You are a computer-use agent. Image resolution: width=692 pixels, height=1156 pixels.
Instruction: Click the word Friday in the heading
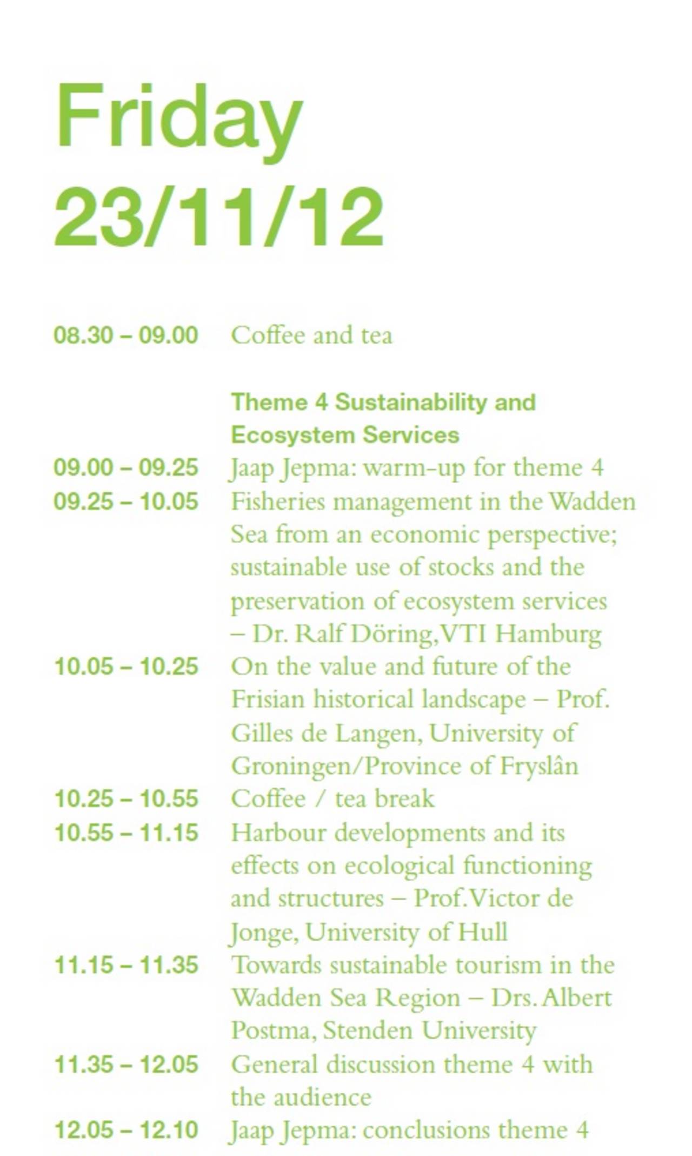(178, 121)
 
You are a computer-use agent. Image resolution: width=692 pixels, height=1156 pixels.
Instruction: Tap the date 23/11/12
(219, 216)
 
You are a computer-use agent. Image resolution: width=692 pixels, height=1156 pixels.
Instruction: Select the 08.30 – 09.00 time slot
(126, 335)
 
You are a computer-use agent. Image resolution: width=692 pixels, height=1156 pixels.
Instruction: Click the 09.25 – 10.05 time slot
(126, 501)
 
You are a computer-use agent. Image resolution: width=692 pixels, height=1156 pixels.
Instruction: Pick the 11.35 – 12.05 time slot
(127, 1065)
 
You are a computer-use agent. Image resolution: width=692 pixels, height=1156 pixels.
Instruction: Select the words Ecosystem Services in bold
(345, 435)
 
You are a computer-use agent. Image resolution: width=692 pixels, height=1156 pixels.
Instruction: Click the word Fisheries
(278, 501)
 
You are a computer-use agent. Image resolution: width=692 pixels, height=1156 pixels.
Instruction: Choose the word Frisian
(268, 699)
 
